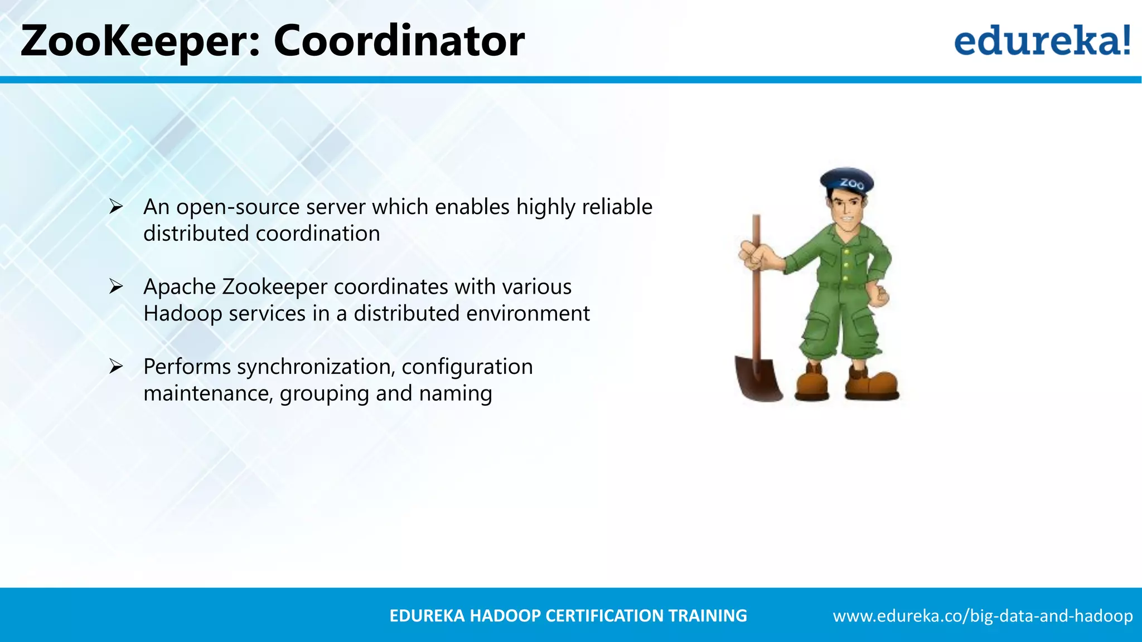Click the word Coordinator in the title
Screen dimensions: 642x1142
point(399,41)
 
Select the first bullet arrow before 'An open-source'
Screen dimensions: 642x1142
point(116,207)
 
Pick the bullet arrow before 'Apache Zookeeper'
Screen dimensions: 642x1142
point(116,286)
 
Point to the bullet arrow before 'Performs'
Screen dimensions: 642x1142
point(116,367)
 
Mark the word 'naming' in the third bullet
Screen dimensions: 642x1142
point(456,393)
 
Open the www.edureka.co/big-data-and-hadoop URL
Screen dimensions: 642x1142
point(983,616)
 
